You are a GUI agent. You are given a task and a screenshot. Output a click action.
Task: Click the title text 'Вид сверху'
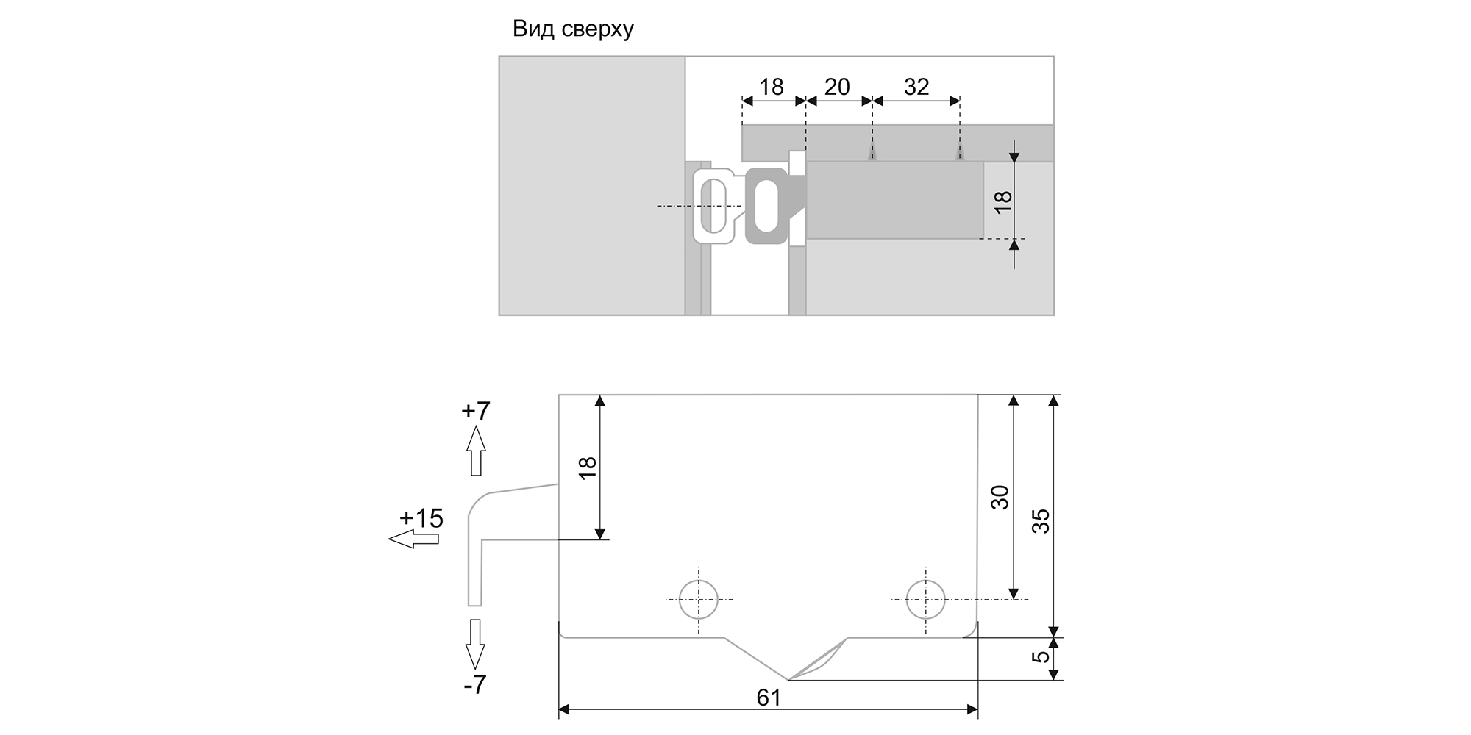573,29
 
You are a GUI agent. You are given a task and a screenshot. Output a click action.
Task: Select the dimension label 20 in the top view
837,87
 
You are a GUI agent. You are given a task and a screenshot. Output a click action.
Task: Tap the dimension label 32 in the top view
916,87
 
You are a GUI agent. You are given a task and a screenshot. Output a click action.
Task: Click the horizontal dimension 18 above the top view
771,87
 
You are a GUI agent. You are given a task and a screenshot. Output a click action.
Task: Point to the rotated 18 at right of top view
1003,201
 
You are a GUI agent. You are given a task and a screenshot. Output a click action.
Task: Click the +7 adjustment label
475,410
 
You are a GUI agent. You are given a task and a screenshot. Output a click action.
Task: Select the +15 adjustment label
421,519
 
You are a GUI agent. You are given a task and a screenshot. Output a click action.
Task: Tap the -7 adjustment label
475,685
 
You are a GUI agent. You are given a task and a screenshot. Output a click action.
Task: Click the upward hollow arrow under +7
476,450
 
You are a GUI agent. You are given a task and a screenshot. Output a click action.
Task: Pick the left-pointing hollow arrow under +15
413,539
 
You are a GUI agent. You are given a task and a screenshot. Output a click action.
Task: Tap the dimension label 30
1000,498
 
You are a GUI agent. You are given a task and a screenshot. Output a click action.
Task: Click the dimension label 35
1041,521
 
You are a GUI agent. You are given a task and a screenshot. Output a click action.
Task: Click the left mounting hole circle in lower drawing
698,600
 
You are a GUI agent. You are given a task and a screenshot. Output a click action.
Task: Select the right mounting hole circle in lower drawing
925,600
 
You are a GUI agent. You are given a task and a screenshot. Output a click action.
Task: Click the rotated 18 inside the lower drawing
588,468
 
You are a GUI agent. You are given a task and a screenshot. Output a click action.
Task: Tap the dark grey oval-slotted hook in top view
766,205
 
